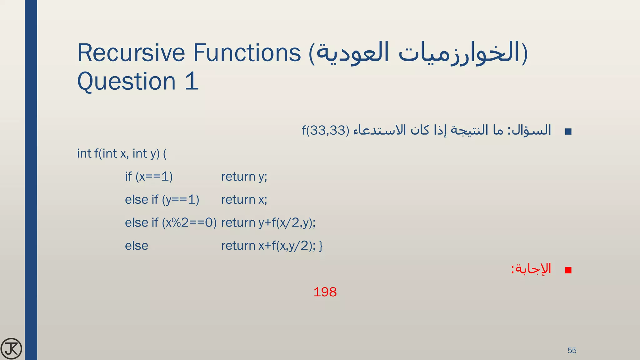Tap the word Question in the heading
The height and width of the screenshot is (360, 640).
127,81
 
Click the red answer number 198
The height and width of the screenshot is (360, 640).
325,292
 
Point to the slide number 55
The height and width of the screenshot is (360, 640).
572,350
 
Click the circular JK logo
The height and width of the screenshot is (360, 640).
11,348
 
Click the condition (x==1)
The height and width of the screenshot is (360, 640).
154,177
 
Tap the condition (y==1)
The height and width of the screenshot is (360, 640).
181,200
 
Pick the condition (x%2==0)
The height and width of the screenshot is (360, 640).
189,223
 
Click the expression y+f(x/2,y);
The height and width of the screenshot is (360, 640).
287,223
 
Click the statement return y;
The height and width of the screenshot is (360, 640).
244,177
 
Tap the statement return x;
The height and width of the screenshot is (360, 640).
244,200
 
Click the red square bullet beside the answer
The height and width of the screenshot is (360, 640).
568,270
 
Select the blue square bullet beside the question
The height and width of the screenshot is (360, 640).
568,132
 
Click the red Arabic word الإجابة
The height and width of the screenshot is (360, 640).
533,269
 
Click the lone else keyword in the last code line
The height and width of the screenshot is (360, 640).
137,246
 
